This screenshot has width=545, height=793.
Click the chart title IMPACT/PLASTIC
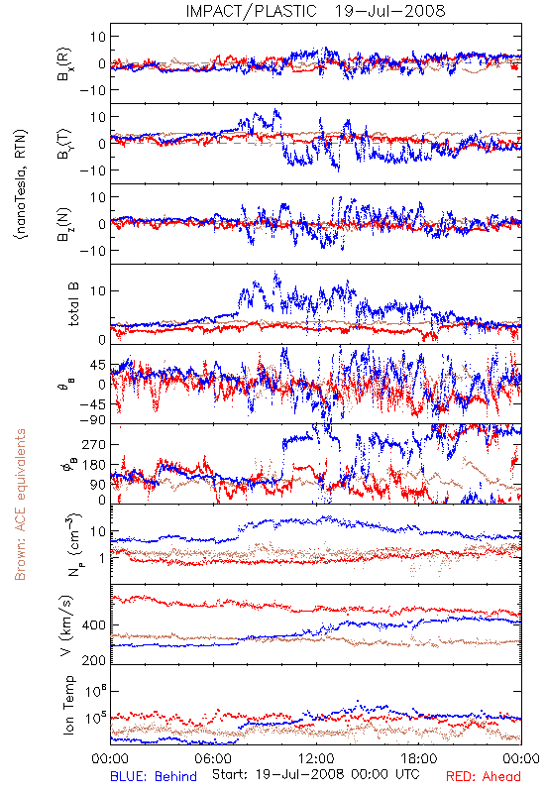click(252, 11)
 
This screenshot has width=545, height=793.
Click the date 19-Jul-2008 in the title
click(389, 11)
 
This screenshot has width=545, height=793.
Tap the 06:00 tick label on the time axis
click(213, 758)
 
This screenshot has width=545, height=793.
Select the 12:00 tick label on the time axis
click(316, 758)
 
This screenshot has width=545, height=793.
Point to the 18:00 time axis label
click(419, 758)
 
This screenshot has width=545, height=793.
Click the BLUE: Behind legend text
click(154, 776)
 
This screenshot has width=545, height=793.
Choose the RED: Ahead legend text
click(484, 776)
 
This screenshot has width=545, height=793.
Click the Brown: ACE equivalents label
click(20, 505)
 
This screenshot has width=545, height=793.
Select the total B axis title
click(73, 304)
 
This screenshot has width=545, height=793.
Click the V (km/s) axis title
click(66, 625)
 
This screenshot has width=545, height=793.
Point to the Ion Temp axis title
click(68, 705)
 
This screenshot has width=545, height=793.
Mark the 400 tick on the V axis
click(94, 625)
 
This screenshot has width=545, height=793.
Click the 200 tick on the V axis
click(94, 660)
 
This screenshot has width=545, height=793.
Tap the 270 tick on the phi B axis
click(94, 444)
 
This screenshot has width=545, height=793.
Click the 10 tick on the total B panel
click(98, 290)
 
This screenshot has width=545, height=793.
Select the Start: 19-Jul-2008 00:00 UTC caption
click(316, 774)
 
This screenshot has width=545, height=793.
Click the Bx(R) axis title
click(65, 63)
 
